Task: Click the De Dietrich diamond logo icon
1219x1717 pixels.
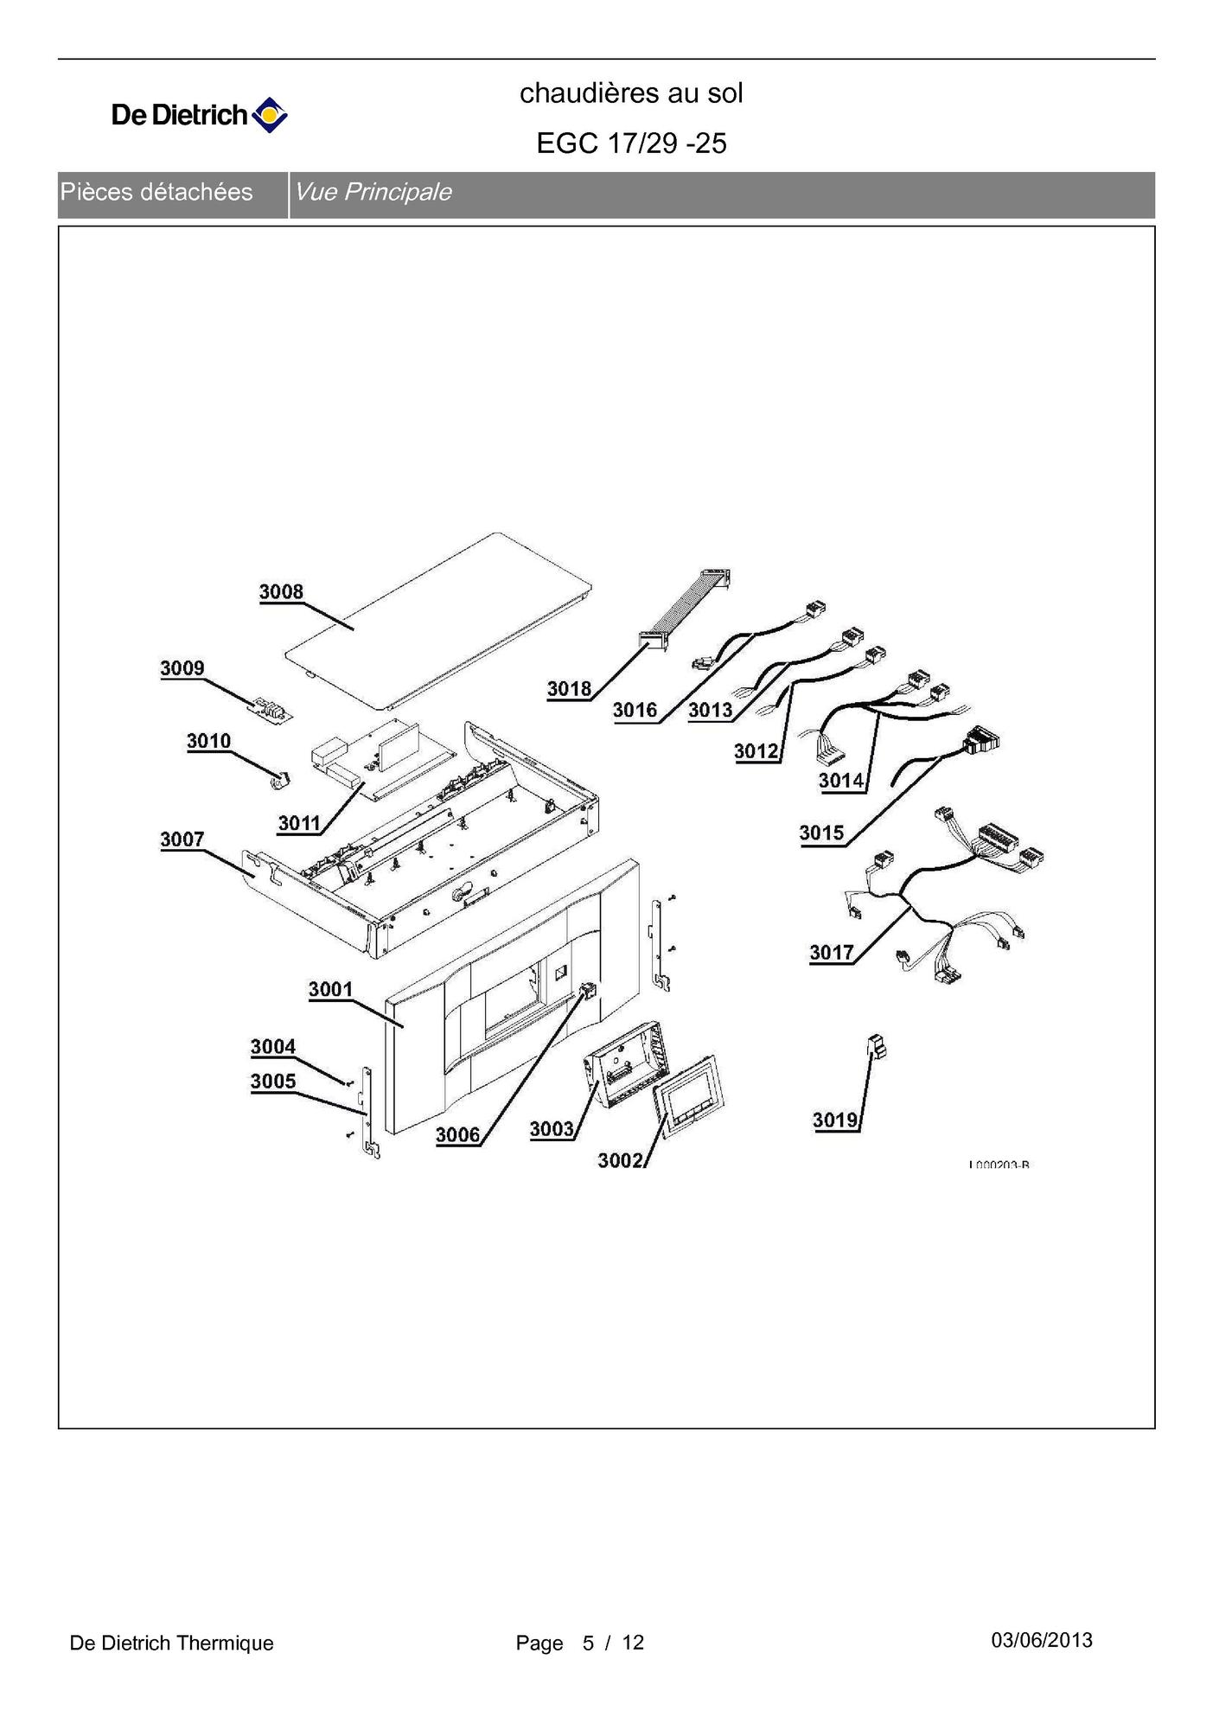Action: [269, 115]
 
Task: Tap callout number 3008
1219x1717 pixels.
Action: [281, 592]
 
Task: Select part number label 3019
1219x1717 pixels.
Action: [834, 1120]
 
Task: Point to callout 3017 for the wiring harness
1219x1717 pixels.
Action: [831, 953]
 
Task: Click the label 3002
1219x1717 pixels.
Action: [620, 1160]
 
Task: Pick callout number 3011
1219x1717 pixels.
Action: [299, 823]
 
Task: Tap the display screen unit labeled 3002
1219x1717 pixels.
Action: [688, 1093]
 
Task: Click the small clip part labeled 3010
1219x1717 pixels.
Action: [279, 780]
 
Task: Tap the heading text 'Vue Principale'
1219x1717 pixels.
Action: [373, 192]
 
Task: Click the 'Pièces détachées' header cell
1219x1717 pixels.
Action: [156, 192]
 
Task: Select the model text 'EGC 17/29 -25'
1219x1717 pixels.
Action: [631, 143]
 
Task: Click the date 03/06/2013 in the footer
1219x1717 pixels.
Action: [1041, 1640]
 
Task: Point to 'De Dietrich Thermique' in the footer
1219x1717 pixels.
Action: [171, 1643]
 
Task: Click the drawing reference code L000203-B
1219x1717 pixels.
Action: [999, 1165]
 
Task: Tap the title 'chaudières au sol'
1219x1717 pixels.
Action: [631, 93]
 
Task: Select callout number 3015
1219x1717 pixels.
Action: [820, 833]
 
